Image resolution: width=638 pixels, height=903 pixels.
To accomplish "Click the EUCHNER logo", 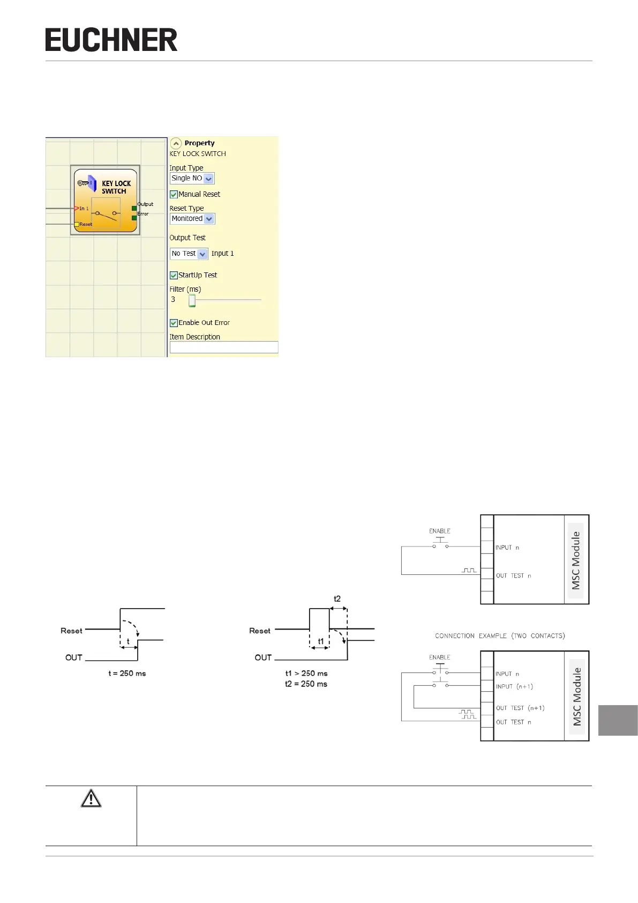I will coord(111,40).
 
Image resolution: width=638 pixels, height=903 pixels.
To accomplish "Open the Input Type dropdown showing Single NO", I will coord(192,179).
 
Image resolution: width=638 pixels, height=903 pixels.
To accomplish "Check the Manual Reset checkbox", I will coord(174,195).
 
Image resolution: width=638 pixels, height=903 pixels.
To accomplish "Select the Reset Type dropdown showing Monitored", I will coord(192,219).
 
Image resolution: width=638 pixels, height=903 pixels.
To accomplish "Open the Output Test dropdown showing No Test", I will coord(189,254).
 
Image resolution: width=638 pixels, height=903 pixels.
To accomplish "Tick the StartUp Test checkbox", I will coord(174,276).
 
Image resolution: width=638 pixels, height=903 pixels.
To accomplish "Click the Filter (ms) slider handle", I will coord(192,301).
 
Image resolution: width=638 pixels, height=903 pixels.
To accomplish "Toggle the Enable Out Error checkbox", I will coord(174,323).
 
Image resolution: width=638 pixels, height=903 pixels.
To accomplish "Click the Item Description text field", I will coord(224,347).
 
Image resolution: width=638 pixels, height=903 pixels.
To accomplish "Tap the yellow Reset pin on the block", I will coord(77,225).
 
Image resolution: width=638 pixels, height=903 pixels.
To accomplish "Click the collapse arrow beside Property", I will coord(176,143).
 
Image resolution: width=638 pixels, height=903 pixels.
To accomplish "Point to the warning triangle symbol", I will coord(91,798).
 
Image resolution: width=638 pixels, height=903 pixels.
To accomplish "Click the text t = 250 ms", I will coord(127,673).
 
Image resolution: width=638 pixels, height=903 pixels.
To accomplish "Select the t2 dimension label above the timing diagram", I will coord(337,599).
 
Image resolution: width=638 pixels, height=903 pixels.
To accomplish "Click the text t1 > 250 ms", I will coord(306,673).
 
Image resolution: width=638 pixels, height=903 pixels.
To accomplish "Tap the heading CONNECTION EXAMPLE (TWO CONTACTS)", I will coord(500,636).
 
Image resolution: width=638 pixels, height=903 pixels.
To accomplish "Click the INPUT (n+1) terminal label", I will coord(514,687).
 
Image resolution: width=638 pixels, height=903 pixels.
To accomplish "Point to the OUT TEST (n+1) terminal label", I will coord(520,708).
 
